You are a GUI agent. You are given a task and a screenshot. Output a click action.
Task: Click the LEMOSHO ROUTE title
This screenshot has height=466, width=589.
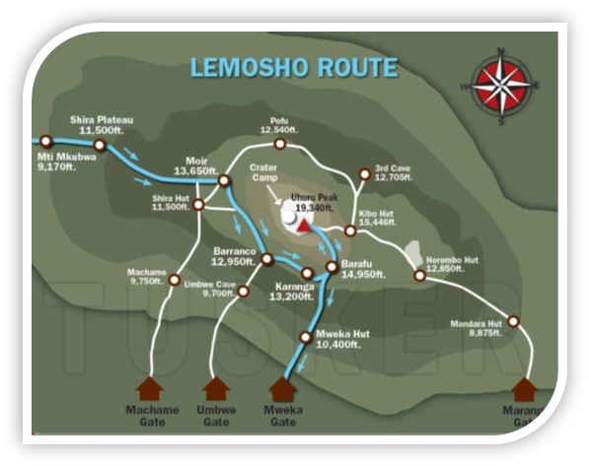coord(294,68)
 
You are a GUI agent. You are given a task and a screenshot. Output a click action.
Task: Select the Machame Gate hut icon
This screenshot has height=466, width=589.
coord(150,389)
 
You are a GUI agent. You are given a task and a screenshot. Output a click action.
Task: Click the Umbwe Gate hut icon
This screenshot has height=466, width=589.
coord(215,389)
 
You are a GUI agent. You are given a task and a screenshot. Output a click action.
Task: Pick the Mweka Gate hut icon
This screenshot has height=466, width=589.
coord(283,389)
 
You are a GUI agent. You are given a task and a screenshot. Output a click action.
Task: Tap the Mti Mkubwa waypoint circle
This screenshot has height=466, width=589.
coord(45,141)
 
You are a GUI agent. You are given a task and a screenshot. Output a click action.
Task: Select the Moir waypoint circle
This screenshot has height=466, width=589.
coord(225,180)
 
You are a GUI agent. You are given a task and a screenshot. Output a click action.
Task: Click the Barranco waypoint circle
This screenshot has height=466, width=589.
coord(267,259)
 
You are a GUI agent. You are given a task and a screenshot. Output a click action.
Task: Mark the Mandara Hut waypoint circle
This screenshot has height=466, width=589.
coord(513,321)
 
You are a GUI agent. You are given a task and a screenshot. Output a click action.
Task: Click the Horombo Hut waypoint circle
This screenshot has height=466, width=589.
coord(419,276)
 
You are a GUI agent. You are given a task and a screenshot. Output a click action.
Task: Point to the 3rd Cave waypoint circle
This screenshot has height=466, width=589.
coord(364,174)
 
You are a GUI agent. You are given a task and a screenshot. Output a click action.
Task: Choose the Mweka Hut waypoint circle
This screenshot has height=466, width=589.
coord(305,338)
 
